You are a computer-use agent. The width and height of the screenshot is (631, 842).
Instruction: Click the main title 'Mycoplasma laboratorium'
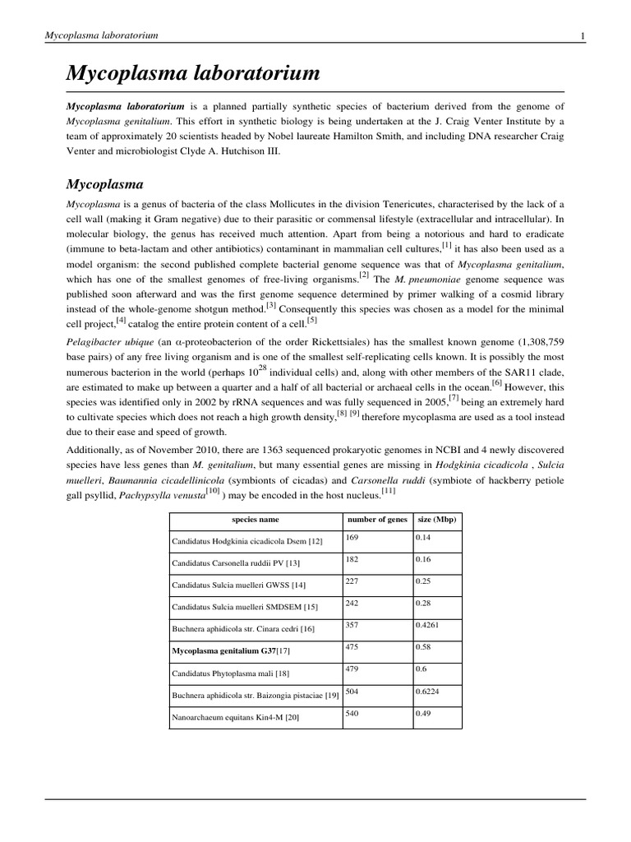[192, 73]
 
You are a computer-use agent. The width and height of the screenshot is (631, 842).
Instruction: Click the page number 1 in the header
[582, 35]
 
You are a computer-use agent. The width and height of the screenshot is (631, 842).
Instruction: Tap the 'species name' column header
[256, 520]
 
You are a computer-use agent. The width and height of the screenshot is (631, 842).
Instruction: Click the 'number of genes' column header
[377, 520]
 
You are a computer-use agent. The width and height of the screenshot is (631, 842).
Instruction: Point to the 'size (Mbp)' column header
[437, 520]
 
